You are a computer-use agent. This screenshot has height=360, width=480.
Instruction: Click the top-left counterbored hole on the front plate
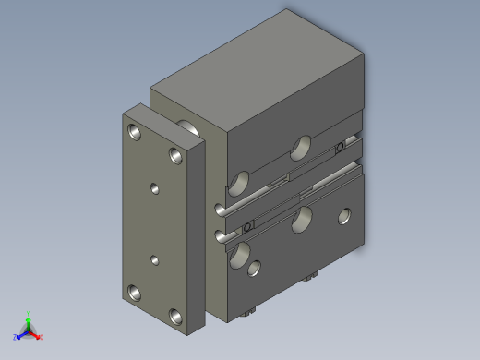tap(137, 132)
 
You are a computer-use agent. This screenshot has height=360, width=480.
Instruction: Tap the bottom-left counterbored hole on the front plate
tap(136, 294)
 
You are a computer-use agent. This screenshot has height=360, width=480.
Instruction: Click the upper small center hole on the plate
tap(154, 188)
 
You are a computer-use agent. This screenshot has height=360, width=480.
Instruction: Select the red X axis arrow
tap(37, 336)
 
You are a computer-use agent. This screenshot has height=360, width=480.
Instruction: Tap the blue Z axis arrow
tap(19, 335)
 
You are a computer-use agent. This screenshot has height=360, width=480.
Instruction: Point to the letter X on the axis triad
tap(42, 338)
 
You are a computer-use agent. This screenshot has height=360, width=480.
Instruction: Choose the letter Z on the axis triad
tap(15, 338)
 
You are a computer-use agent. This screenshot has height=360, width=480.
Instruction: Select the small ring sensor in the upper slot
tap(340, 147)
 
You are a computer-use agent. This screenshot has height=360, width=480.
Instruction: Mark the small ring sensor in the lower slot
tap(247, 227)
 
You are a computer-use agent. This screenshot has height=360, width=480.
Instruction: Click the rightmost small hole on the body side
tap(344, 217)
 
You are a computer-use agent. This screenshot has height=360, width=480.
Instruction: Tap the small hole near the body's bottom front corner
tap(253, 270)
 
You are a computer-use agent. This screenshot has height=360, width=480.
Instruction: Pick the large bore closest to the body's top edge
tap(302, 146)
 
